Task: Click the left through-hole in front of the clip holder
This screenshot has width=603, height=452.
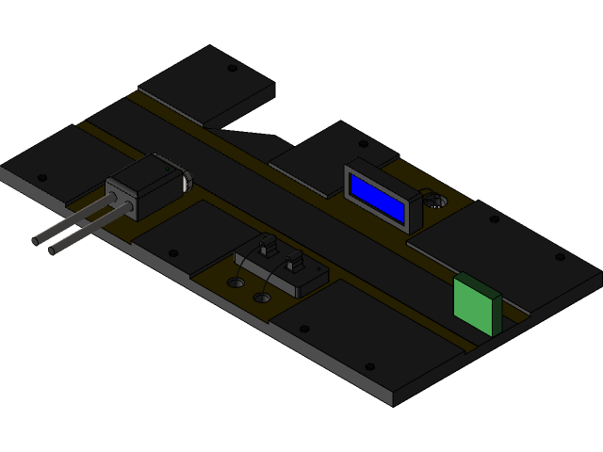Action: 236,282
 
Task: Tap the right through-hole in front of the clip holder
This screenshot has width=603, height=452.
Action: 263,297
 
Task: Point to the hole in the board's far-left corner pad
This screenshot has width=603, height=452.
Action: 41,177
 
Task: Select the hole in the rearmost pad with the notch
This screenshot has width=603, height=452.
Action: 233,68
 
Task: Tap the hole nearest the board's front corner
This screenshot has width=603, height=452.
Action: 370,366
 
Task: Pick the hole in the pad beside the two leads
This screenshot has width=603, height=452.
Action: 171,252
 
